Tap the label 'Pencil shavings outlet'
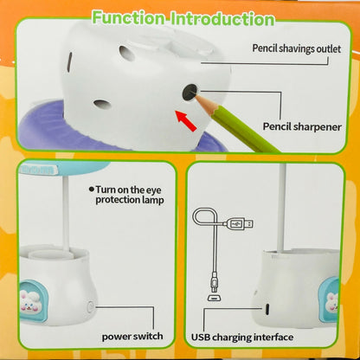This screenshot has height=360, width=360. tap(297, 49)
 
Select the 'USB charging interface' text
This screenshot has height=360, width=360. tap(242, 336)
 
